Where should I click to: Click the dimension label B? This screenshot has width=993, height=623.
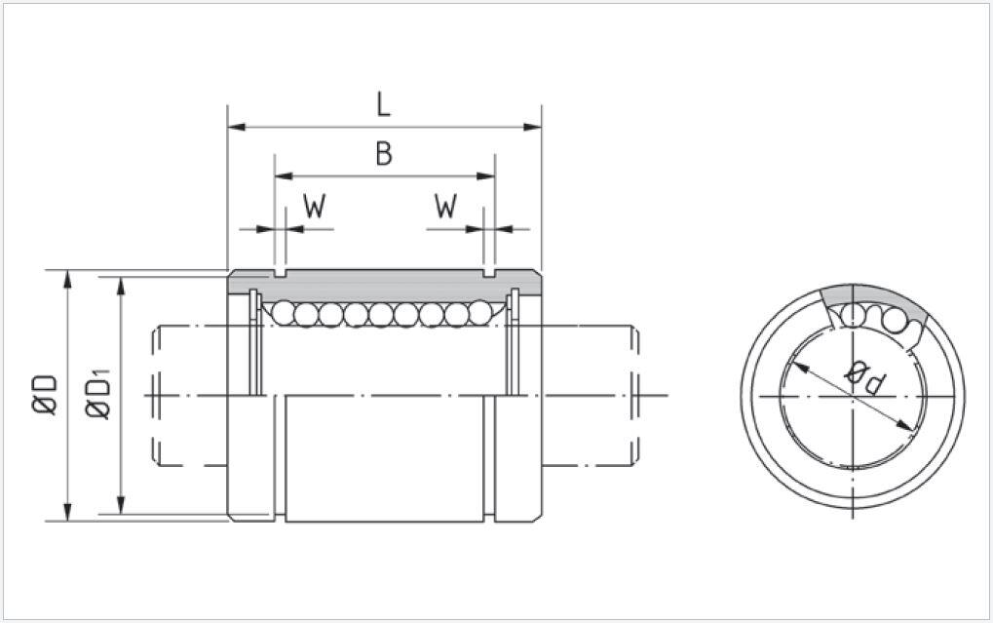coord(384,154)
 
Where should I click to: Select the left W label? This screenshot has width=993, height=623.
coord(314,207)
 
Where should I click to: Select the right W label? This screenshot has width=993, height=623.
coord(445,207)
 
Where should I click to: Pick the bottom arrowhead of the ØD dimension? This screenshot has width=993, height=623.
coord(67,513)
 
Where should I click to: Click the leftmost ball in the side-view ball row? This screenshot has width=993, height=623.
coord(284,313)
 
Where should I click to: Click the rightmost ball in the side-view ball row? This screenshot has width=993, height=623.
coord(480,313)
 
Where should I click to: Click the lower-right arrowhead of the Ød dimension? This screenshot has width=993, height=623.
coord(908,425)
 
